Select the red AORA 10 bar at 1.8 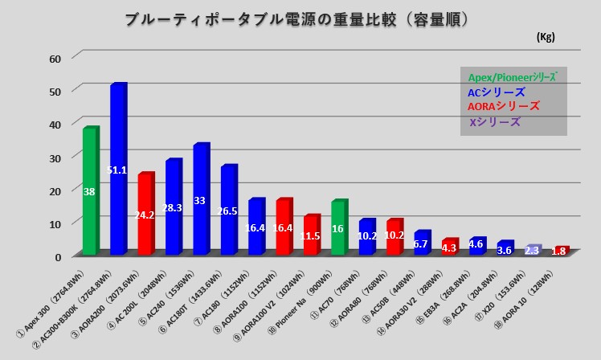pos(560,251)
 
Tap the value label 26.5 pos(228,211)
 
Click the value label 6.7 pos(422,243)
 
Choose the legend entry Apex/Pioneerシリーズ pos(512,77)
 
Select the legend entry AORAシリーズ pos(504,107)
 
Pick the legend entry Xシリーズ pos(494,122)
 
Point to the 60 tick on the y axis pos(55,59)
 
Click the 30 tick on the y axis pos(55,157)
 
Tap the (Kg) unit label pos(545,37)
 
